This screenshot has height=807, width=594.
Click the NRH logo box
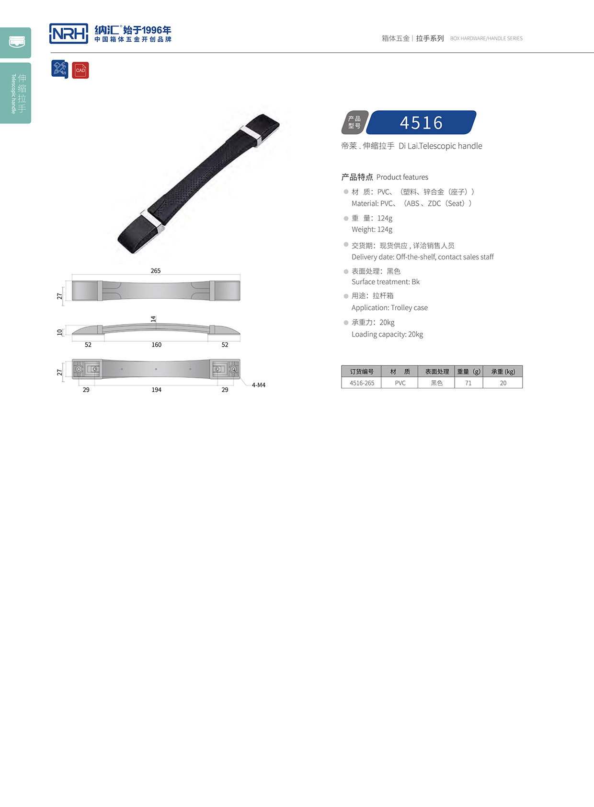pos(69,34)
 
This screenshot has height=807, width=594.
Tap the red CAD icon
pos(80,70)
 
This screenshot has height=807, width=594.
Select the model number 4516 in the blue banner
pos(421,123)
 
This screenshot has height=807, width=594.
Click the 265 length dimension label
pos(156,270)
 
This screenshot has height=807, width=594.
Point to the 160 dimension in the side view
pos(156,345)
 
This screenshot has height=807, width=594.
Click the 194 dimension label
pos(156,390)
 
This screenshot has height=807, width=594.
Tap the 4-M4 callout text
pos(259,385)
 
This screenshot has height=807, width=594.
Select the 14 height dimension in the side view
pos(153,319)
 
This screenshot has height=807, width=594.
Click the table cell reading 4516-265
pos(362,383)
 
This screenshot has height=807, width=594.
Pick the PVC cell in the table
pos(400,383)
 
